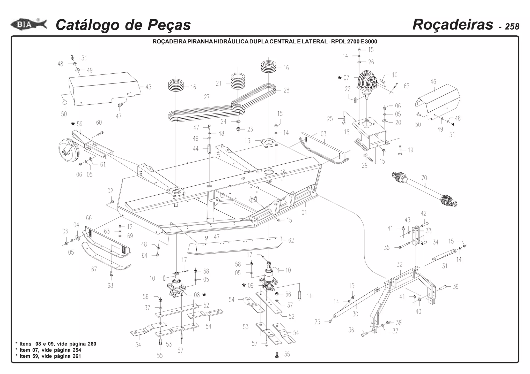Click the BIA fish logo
pyautogui.click(x=28, y=25)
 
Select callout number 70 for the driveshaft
pyautogui.click(x=424, y=178)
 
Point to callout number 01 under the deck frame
pyautogui.click(x=304, y=212)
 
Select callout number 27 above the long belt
pyautogui.click(x=207, y=97)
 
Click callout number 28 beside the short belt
pyautogui.click(x=286, y=90)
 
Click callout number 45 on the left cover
pyautogui.click(x=148, y=87)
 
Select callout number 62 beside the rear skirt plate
pyautogui.click(x=291, y=240)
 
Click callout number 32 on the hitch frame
pyautogui.click(x=400, y=264)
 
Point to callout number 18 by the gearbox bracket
pyautogui.click(x=347, y=132)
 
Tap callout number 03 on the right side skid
pyautogui.click(x=323, y=134)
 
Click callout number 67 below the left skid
pyautogui.click(x=94, y=269)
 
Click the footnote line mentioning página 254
pyautogui.click(x=50, y=350)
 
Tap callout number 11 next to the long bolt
pyautogui.click(x=309, y=296)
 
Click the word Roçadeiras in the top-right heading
pyautogui.click(x=453, y=25)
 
